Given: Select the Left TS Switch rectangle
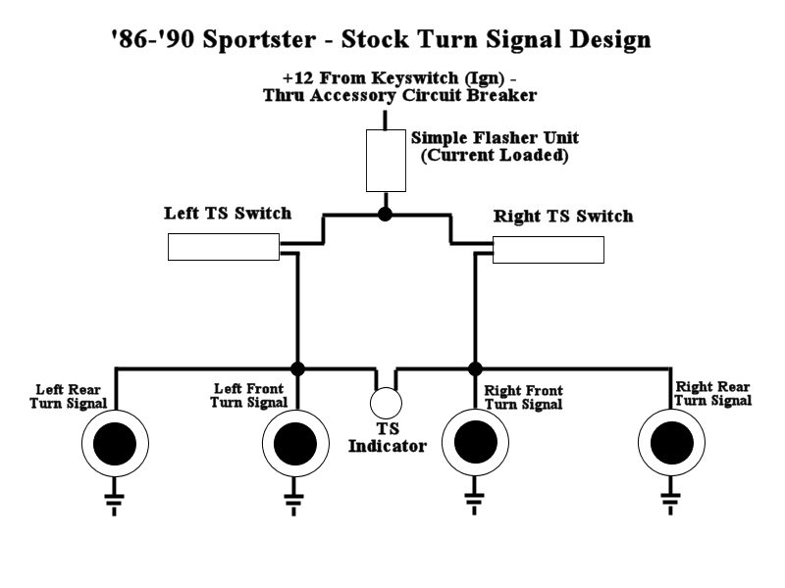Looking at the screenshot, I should click(x=224, y=247).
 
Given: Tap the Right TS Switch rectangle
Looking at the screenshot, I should click(x=548, y=250).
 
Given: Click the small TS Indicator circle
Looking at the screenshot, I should click(x=386, y=403).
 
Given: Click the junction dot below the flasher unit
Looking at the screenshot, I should click(x=386, y=214).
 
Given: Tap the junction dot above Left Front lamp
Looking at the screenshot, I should click(x=296, y=368).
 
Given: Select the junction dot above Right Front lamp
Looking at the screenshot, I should click(x=475, y=368).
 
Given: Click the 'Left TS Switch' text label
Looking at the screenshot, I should click(x=227, y=213).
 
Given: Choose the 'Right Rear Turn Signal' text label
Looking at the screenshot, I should click(x=713, y=393).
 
